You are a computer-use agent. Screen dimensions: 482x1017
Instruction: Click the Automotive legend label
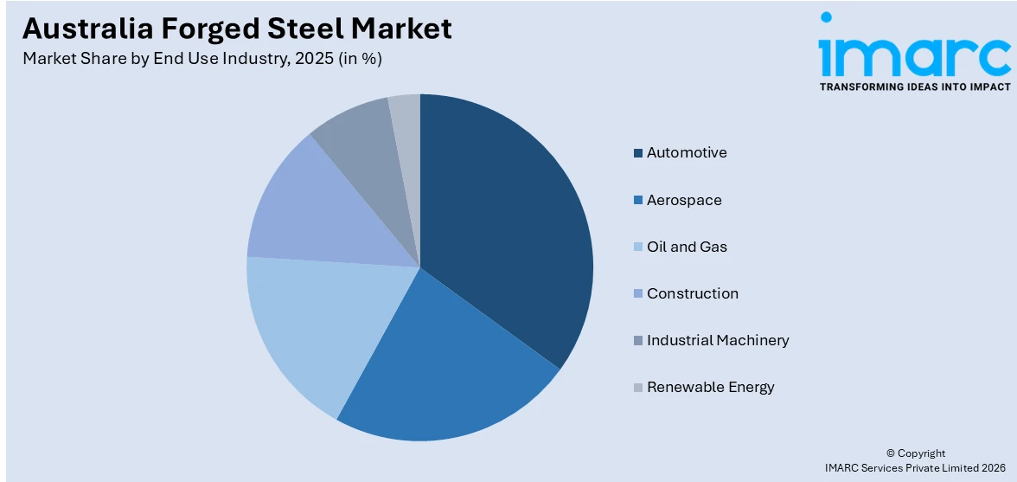tap(687, 153)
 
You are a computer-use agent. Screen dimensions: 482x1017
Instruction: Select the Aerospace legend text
tap(684, 200)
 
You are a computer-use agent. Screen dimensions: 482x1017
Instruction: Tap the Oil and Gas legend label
tap(687, 247)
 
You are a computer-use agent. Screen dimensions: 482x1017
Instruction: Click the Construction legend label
tap(693, 293)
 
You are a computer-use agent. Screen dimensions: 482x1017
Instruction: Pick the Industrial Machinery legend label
tap(718, 340)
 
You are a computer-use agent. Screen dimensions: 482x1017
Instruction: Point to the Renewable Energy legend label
tap(710, 387)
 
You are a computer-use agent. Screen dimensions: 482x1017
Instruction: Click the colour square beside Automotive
tap(638, 153)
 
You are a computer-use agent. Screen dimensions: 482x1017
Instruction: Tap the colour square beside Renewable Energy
tap(638, 387)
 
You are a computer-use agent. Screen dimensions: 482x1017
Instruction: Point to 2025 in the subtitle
tap(304, 59)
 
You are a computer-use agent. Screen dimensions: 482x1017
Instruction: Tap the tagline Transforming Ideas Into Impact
tap(914, 87)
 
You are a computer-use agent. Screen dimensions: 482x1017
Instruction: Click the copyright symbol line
tap(916, 453)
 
